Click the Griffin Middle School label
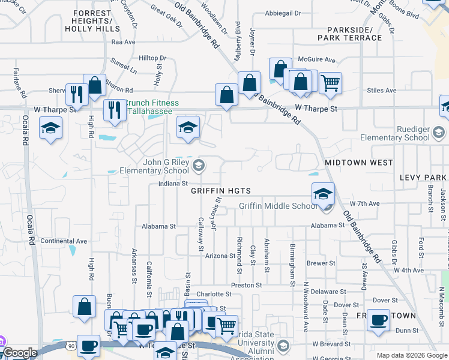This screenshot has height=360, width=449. (x=278, y=206)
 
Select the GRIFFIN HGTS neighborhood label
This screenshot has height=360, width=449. (x=220, y=191)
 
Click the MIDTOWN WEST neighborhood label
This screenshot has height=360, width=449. (x=358, y=163)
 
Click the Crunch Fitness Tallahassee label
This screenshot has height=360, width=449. (x=148, y=107)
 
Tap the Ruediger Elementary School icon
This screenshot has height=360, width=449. (x=439, y=132)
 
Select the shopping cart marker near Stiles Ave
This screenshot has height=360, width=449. (x=330, y=83)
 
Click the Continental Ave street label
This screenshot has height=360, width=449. (x=64, y=241)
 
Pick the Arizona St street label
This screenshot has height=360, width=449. (x=220, y=256)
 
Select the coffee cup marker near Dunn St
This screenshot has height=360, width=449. (x=378, y=320)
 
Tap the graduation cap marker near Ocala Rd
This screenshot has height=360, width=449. (x=51, y=128)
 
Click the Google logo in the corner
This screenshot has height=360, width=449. (x=20, y=353)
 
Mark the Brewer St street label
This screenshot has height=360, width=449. (x=321, y=263)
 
